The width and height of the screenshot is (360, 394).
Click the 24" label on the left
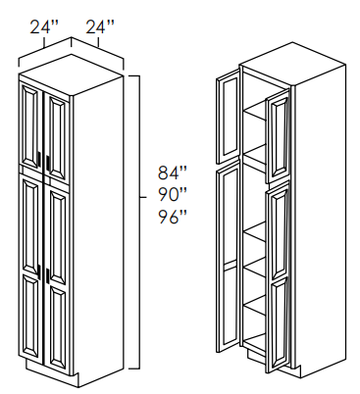[x=44, y=26]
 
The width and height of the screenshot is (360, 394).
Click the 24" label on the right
[x=100, y=26]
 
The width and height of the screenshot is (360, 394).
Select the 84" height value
[x=173, y=172]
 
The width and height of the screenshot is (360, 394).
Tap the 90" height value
[x=173, y=195]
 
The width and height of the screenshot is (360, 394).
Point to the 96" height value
[x=173, y=217]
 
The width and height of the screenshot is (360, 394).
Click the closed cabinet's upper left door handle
[x=39, y=161]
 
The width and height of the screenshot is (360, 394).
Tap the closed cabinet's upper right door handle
[x=47, y=163]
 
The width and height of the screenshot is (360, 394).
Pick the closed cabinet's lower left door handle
[x=39, y=271]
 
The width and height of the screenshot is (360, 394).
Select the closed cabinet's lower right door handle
[x=47, y=276]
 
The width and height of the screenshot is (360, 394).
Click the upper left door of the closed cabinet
[x=31, y=126]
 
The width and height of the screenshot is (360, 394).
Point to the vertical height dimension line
[x=140, y=222]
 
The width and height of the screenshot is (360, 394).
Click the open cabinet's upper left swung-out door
[x=229, y=116]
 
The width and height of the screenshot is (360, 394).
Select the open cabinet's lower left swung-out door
[x=229, y=256]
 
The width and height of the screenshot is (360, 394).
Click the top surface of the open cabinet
[x=292, y=65]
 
